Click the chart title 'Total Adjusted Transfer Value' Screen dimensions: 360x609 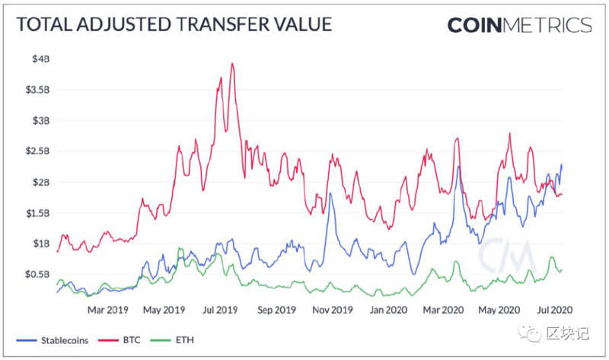click(174, 24)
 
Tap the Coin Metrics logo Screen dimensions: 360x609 click(519, 24)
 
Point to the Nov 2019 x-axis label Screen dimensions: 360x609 click(333, 311)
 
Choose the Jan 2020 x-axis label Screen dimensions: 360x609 click(387, 311)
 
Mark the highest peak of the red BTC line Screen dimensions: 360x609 click(231, 64)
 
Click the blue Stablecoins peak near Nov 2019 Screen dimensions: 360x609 click(330, 194)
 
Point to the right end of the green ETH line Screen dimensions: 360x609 click(562, 268)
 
